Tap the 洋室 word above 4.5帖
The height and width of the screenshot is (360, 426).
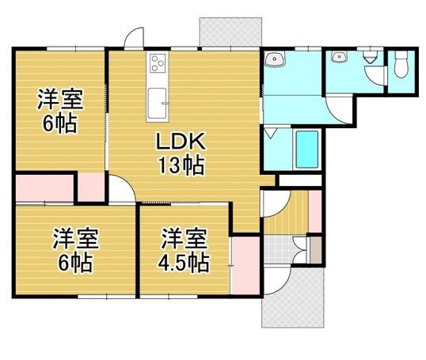(184, 237)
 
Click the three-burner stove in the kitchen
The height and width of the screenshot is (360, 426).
(155, 63)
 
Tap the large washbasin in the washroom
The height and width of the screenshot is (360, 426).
(276, 60)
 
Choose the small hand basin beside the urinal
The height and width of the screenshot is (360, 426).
(340, 57)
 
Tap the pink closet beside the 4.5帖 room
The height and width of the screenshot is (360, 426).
(245, 259)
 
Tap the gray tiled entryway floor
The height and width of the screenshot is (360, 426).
(279, 251)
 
